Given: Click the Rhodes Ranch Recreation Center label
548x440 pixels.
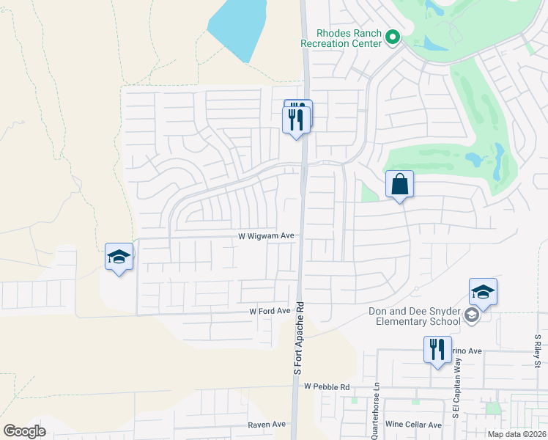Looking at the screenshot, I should (349, 38).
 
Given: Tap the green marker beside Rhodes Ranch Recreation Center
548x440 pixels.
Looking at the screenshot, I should (392, 36).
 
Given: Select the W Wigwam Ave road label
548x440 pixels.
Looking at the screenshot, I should (266, 236).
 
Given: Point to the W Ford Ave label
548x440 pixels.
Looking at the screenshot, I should (270, 311).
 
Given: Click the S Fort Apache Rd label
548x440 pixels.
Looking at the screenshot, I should (298, 337).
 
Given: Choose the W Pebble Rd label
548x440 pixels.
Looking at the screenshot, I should (327, 386).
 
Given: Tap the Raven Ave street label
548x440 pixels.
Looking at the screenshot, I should (267, 424).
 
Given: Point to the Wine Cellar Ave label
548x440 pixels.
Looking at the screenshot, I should (414, 425).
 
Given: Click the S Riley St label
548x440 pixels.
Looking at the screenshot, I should (537, 348).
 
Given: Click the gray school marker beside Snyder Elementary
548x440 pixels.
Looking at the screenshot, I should (473, 316).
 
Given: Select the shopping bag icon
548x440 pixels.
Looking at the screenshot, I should (400, 184).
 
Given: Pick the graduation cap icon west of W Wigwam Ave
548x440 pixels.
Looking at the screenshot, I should (119, 257).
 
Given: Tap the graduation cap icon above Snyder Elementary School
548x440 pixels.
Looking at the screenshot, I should (483, 292).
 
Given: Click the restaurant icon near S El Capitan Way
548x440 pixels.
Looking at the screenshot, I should (437, 349).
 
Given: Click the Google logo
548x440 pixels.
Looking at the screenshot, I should (25, 431).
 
